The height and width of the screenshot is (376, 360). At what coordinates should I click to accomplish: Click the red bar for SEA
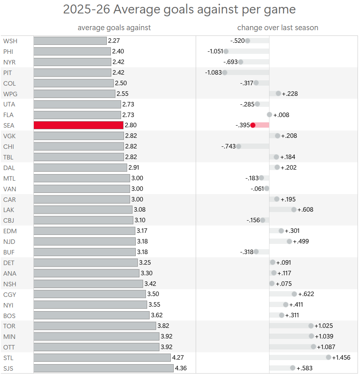tap(78, 125)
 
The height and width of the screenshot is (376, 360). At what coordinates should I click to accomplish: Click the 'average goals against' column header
tap(114, 28)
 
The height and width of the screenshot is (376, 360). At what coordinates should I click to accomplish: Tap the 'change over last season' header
tap(278, 28)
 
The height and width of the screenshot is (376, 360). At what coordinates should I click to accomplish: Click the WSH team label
tap(10, 41)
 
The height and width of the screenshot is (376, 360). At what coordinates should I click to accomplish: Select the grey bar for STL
tap(102, 358)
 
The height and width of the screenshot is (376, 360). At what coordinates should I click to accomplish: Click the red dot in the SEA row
tap(253, 125)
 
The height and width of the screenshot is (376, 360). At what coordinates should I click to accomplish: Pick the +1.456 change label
tap(342, 358)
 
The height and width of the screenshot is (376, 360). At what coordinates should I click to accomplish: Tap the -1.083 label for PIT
tap(213, 73)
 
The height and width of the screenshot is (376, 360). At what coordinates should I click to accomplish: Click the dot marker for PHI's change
tap(226, 51)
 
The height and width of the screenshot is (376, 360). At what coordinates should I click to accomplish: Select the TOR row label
tap(9, 326)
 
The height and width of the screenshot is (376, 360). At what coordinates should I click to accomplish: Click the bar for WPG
tap(74, 94)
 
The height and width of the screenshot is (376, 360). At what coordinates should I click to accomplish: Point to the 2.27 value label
tap(114, 41)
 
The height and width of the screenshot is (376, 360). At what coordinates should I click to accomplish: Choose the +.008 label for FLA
tap(281, 115)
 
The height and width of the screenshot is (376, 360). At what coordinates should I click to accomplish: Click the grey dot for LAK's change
tap(294, 210)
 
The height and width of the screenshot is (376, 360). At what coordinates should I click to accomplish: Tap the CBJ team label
tap(9, 220)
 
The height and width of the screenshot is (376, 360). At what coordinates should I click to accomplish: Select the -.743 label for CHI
tap(228, 146)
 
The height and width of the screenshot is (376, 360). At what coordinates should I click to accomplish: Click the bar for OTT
tap(96, 347)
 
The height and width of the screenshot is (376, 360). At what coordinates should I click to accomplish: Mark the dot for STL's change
tap(329, 358)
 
